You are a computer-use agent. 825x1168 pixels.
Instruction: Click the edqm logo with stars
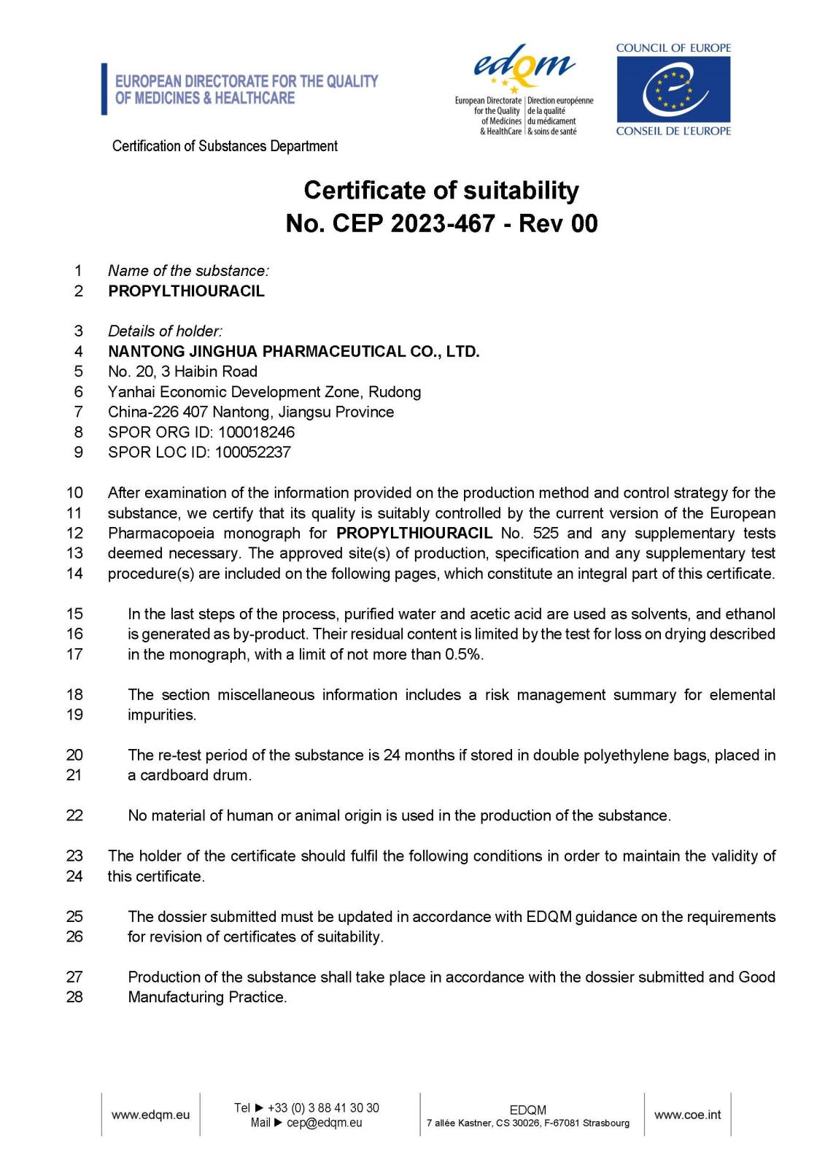pos(523,69)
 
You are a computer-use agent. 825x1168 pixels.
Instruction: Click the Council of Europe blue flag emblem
pos(673,89)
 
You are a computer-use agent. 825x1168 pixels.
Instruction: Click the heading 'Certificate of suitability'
pos(441,191)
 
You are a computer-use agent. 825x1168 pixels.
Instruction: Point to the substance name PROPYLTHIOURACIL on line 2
pos(186,291)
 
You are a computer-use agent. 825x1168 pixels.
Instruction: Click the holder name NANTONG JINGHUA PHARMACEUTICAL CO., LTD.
pos(293,352)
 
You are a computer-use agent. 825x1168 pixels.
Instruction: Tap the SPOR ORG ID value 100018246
pos(256,432)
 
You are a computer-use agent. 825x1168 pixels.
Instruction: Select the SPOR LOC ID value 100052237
pos(252,453)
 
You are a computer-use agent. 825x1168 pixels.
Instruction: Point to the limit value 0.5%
pos(464,655)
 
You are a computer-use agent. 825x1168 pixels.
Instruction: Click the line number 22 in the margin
pos(74,816)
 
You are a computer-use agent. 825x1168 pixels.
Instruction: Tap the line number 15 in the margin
pos(74,614)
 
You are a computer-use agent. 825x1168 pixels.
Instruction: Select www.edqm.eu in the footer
pos(150,1115)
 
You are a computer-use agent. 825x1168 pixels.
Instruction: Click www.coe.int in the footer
pos(687,1115)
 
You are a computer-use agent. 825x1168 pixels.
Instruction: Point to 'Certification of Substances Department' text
pos(225,146)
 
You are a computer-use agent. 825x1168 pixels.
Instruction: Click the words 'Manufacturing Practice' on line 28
pos(206,997)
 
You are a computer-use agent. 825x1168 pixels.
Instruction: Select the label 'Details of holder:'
pos(165,331)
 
